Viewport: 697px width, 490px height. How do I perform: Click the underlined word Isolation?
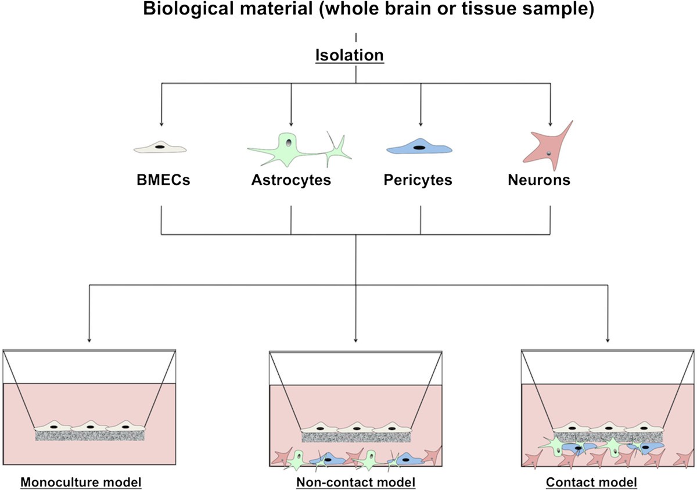coord(349,55)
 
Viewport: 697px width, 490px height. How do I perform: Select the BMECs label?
coord(161,180)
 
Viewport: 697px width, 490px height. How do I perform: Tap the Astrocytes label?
coord(291,180)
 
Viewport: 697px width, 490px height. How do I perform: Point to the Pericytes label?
coord(418,180)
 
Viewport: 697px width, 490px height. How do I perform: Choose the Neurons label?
coord(538,180)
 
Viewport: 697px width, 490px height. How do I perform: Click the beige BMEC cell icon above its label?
coord(160,149)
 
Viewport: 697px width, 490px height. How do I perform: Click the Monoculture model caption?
coord(81,482)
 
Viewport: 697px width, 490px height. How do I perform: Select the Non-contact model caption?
coord(355,482)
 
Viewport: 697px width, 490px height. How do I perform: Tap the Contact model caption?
coord(591,482)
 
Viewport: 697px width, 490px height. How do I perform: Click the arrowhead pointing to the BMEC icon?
coord(161,124)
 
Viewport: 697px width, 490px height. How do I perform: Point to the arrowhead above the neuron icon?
coord(550,124)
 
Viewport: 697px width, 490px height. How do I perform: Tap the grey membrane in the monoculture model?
coord(90,435)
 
